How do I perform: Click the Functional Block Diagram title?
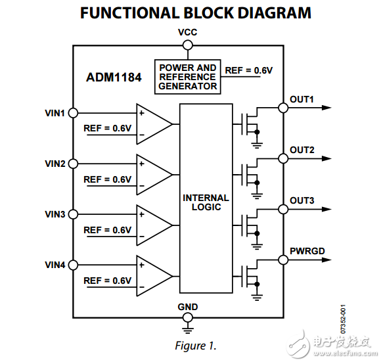point(195,13)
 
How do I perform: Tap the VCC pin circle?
point(187,45)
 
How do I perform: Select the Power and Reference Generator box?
point(187,77)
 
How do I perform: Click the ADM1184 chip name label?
point(114,76)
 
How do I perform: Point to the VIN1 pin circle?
point(72,113)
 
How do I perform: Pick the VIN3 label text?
point(55,214)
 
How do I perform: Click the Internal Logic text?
point(206,202)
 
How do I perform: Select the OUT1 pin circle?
point(283,108)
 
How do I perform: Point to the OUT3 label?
point(302,200)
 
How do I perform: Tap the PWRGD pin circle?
point(283,260)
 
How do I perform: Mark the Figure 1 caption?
point(195,345)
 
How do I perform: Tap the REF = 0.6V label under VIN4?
point(108,281)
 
